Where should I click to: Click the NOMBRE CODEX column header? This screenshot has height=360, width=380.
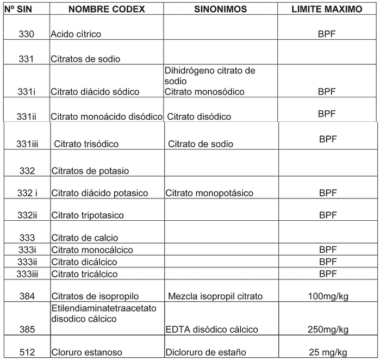107,9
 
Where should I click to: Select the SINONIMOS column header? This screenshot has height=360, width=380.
220,9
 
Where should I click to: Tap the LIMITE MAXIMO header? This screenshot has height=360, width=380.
327,9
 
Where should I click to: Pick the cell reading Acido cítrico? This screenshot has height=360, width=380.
76,34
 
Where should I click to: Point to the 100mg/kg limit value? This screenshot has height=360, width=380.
328,296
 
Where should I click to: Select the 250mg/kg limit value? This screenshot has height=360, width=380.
328,330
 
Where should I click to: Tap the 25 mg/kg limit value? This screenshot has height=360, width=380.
328,352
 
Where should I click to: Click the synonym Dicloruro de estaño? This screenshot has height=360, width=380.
205,352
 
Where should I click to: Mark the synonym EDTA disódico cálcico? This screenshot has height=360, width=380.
211,330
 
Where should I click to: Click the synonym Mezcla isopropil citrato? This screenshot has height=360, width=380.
215,296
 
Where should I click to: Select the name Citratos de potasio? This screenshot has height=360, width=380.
90,171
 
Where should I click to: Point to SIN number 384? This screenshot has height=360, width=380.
27,296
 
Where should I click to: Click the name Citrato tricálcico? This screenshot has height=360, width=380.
84,274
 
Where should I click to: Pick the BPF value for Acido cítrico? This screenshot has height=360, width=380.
327,34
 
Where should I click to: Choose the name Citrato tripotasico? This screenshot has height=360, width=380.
88,215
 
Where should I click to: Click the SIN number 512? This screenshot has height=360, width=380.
27,352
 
